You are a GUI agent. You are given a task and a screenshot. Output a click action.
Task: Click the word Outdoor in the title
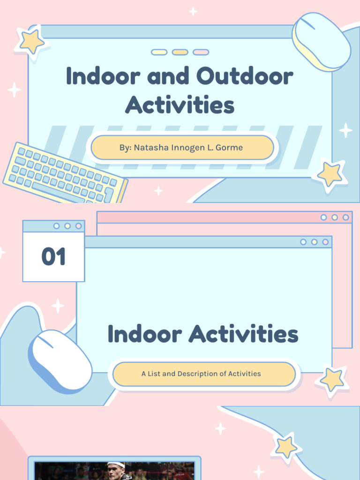coord(245,76)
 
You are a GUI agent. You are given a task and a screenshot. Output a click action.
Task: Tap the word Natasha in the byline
coord(149,148)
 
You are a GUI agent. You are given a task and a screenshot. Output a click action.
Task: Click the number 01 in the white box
coord(53,257)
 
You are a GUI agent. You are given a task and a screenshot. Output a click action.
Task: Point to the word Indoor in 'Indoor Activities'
coord(144,334)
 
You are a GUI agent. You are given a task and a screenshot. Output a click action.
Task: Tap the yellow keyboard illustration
coord(65,174)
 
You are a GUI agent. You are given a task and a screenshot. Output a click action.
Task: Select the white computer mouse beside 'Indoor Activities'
coord(60,360)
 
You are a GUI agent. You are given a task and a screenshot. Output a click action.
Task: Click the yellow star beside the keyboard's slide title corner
coord(31,42)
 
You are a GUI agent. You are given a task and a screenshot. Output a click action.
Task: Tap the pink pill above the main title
coord(201,52)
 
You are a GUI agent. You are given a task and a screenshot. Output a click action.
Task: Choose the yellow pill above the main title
coord(180,52)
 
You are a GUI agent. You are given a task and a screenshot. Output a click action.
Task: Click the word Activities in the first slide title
coord(180,105)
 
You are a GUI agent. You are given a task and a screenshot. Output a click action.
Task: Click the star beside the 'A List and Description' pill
coord(331,379)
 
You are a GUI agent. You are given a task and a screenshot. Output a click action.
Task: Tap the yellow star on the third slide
coord(285,446)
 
